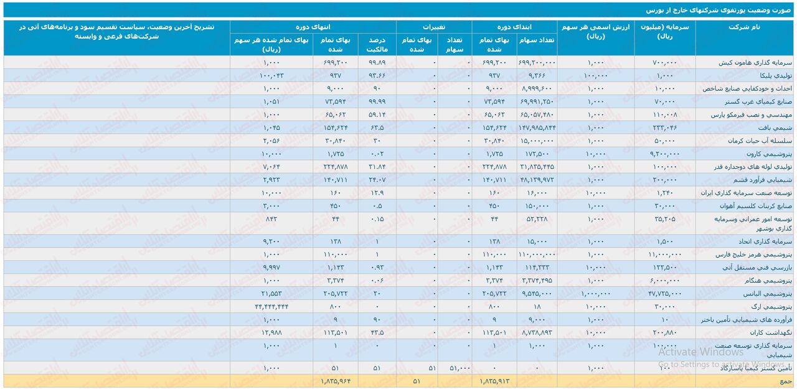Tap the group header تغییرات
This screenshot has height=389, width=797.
(x=434, y=27)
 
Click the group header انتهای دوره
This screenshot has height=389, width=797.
(x=313, y=27)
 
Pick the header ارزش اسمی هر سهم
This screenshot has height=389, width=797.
(x=597, y=32)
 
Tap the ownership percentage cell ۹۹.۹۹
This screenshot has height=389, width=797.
(x=377, y=101)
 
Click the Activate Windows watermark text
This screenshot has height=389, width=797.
(x=700, y=352)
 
